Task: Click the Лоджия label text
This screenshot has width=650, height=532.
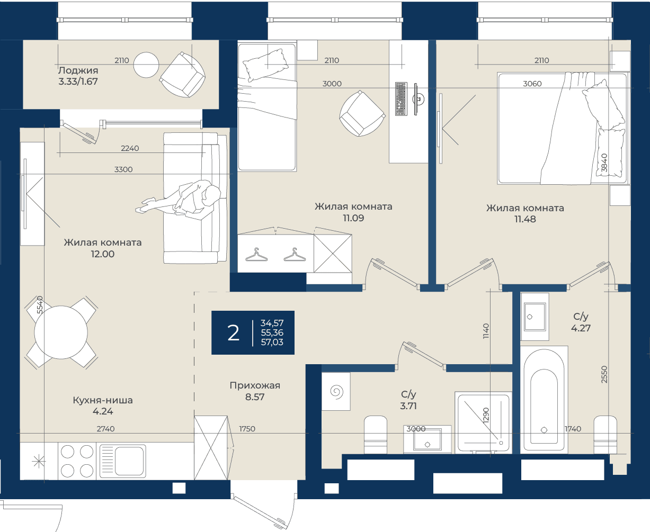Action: coord(78,70)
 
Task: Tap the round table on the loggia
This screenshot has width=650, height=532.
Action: coord(146,65)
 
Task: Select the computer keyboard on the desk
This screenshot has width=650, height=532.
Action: coord(401,99)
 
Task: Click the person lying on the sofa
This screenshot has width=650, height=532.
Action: coord(179,200)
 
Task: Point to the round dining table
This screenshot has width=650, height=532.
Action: coord(61,332)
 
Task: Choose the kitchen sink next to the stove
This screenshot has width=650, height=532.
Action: coord(122,461)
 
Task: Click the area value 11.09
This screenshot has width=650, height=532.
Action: coord(353,218)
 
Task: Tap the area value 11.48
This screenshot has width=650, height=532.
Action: coord(525,219)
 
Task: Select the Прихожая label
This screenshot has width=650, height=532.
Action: coord(255,385)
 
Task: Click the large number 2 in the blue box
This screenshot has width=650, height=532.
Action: coord(233,333)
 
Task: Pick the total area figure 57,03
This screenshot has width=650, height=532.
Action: coord(272,342)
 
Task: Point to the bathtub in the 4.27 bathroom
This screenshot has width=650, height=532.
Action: coord(544,399)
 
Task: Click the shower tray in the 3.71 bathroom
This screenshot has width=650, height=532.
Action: coord(483,422)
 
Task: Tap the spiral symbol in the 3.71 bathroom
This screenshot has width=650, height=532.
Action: coord(336,392)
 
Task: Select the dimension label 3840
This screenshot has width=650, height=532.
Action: coord(604,163)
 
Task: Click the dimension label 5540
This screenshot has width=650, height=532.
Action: coord(40,305)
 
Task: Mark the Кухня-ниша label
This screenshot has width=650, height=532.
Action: coord(103,400)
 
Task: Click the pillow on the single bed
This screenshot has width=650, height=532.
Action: coord(265,65)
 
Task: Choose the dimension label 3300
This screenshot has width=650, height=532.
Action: coord(123,169)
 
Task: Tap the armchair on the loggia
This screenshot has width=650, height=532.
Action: coord(182,75)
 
